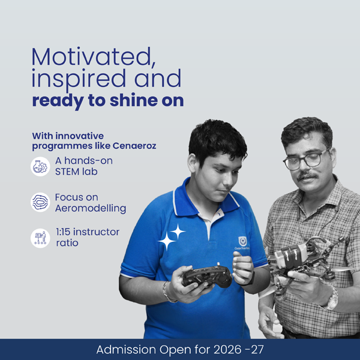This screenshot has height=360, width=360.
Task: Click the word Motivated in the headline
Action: click(94, 57)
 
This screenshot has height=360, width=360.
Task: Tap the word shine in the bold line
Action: click(134, 101)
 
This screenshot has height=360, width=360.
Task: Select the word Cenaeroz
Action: click(134, 146)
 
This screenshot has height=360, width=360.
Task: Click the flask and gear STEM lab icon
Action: click(40, 167)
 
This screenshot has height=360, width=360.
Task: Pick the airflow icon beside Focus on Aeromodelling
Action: click(40, 202)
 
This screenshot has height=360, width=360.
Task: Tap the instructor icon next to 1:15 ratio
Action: click(40, 238)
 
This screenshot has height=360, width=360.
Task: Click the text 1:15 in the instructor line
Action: click(63, 232)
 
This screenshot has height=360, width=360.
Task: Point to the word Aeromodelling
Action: click(91, 208)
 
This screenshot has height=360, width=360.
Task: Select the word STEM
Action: click(67, 172)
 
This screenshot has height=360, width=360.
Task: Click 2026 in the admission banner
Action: click(227, 350)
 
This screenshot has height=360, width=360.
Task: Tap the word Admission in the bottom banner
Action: click(126, 350)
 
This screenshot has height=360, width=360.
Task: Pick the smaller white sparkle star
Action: click(178, 232)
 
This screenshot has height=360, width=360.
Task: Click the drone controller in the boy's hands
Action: click(207, 276)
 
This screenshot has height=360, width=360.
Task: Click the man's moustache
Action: click(307, 176)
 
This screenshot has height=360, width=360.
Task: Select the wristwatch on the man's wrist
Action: click(332, 298)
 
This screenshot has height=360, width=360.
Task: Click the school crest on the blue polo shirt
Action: click(242, 241)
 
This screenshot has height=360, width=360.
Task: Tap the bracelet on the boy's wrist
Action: click(167, 292)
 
